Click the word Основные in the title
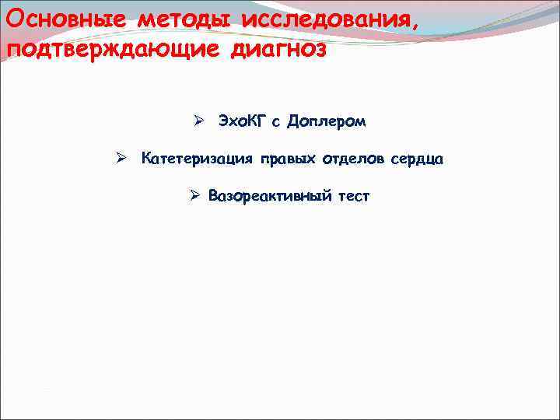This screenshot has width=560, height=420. (65, 18)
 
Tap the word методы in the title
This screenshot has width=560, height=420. (176, 18)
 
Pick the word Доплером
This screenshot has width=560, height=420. (326, 122)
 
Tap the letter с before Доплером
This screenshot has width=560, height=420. (276, 123)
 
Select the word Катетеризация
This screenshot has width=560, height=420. (197, 159)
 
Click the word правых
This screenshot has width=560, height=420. (288, 159)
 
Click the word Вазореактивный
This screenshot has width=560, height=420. (269, 197)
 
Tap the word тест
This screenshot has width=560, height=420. (353, 197)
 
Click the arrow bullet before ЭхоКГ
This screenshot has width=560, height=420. (199, 122)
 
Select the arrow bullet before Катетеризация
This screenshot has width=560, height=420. (121, 159)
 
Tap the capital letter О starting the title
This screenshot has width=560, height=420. (13, 18)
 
